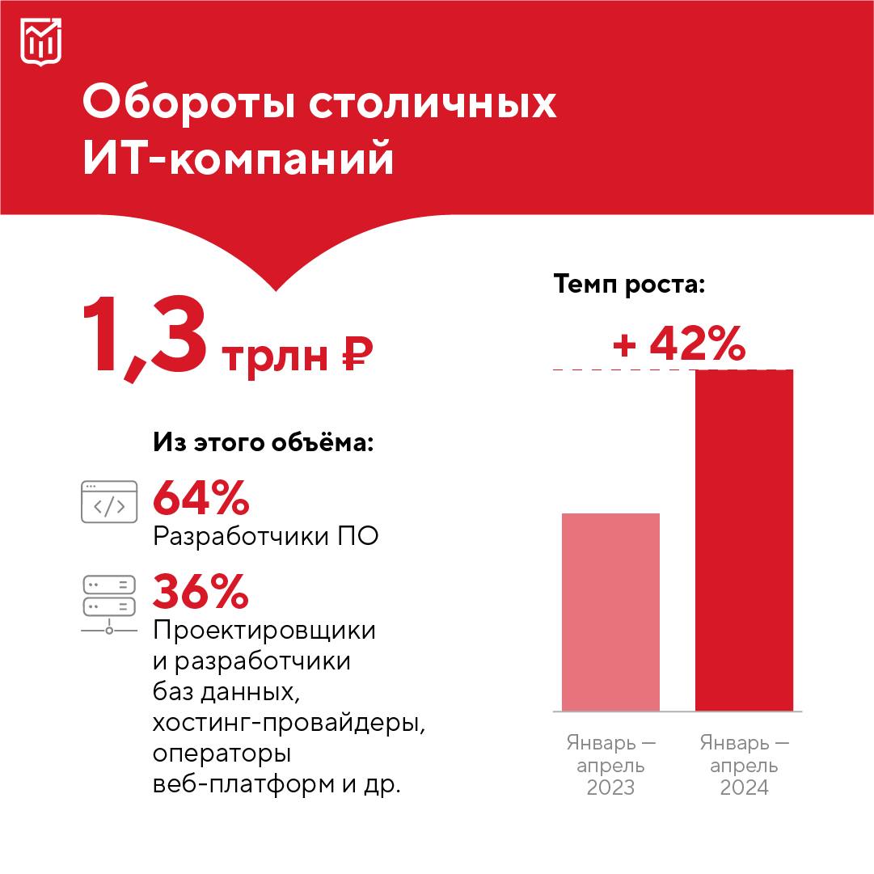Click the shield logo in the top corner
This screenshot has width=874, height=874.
(40, 41)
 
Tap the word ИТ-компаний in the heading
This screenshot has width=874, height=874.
(239, 158)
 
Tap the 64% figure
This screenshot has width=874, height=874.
(201, 498)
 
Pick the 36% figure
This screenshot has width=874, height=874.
(201, 591)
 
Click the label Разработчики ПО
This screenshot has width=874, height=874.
(265, 537)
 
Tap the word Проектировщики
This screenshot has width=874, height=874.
(264, 630)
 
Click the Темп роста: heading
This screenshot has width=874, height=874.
(629, 285)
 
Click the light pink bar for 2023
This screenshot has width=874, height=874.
(610, 612)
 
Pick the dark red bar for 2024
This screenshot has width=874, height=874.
(744, 540)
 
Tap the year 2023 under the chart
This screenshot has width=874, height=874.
(610, 787)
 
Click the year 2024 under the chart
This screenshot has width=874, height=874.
(744, 787)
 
